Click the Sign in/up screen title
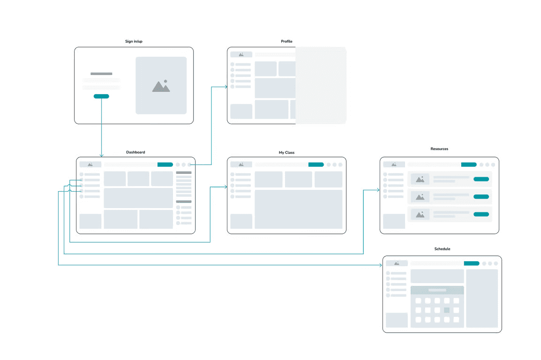134,42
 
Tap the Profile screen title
286,42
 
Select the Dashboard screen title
135,152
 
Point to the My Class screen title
286,152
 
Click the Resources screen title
439,149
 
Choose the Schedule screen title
442,249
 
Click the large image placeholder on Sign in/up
161,85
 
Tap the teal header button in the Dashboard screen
165,165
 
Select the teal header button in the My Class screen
316,165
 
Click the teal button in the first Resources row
481,179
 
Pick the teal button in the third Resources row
481,214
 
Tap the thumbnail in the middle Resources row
420,197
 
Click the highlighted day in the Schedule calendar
447,310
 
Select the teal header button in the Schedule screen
472,263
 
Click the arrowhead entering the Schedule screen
381,265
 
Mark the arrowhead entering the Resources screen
378,190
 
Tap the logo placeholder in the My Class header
241,165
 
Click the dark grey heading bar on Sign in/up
101,74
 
